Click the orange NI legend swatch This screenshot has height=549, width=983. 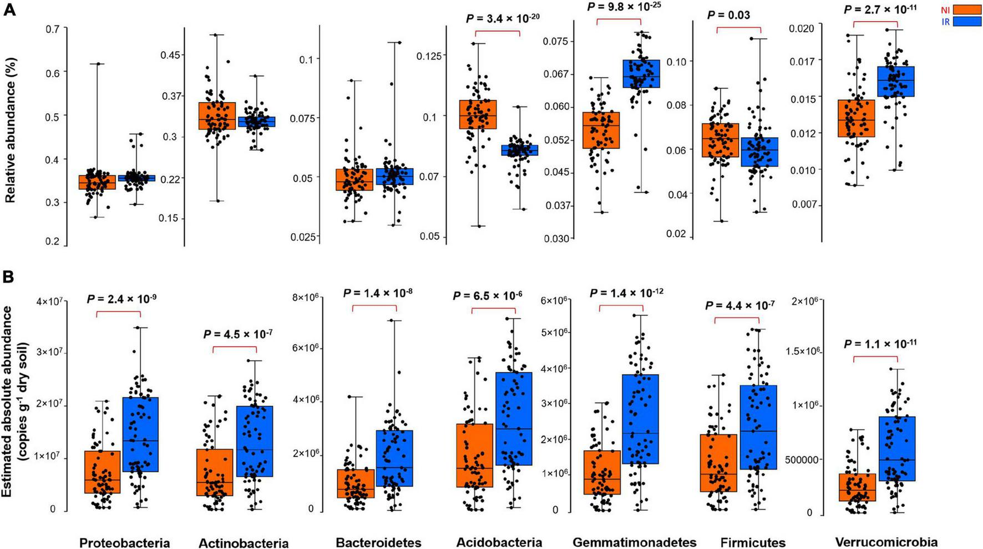point(967,9)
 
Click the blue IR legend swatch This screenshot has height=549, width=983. point(967,21)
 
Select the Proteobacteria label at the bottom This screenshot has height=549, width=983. point(124,542)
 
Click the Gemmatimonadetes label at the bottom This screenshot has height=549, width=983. point(634,542)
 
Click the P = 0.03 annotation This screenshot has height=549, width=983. point(728,15)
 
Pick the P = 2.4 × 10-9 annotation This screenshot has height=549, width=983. point(121,299)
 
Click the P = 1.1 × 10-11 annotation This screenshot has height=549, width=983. point(880,344)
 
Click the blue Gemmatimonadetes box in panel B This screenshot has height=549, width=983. point(640,419)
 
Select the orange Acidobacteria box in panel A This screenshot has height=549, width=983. point(478,114)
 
